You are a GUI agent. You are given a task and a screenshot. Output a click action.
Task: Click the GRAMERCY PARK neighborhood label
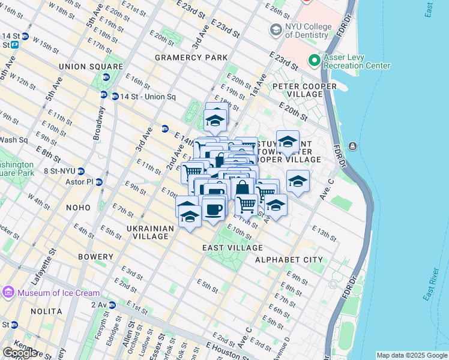[x=191, y=58]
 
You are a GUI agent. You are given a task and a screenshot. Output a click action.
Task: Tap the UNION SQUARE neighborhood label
[x=91, y=67]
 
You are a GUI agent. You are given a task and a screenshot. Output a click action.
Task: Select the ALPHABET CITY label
[x=289, y=260]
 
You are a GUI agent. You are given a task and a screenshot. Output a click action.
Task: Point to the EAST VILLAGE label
[x=232, y=248]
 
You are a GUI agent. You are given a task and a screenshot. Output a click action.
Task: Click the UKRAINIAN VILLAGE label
[x=150, y=232]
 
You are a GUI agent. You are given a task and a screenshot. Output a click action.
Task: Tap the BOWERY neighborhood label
[x=95, y=257]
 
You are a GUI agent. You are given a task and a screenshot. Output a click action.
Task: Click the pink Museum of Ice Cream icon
[x=8, y=292]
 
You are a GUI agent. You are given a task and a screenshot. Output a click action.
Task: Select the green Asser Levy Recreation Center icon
[x=313, y=61]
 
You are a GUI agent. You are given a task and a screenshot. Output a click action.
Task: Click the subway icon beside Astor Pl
[x=99, y=182]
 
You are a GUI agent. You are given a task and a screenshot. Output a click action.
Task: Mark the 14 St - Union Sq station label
[x=147, y=97]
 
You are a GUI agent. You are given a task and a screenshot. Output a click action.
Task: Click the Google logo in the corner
[x=20, y=353]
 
